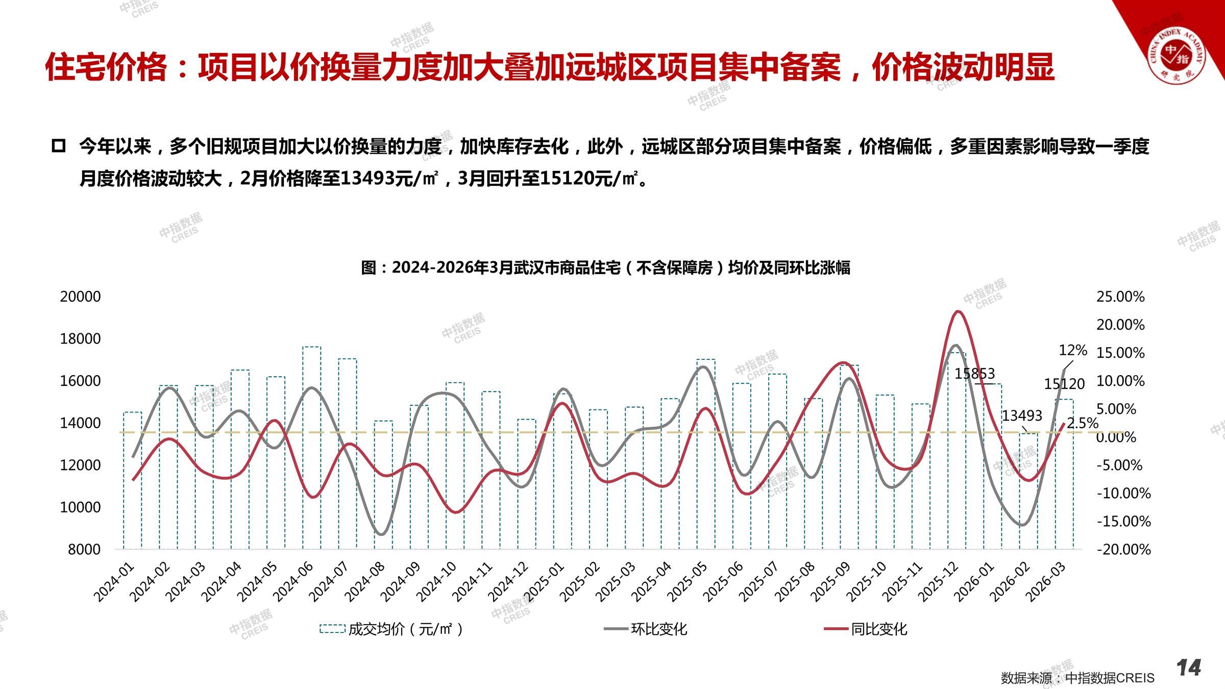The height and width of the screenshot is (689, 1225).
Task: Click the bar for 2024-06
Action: (312, 448)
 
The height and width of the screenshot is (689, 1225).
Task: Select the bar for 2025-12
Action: (957, 451)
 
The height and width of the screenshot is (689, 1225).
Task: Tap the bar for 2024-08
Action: (383, 485)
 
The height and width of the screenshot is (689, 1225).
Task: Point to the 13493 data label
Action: (1022, 415)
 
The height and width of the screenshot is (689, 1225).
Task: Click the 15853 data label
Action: (975, 374)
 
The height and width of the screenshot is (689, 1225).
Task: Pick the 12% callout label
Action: (1073, 350)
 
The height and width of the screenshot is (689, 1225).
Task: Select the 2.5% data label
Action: (1083, 423)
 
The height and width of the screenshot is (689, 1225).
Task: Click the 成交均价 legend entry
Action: (391, 629)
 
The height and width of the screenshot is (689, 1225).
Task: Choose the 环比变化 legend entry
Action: (646, 629)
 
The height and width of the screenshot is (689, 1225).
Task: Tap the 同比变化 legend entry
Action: (866, 629)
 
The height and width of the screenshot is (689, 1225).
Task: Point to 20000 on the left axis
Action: (80, 297)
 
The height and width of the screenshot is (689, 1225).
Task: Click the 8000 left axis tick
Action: (84, 549)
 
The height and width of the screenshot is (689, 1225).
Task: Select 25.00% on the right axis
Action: (1120, 297)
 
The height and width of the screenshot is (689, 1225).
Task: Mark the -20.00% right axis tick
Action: (1123, 549)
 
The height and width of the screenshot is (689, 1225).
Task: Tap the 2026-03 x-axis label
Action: (1046, 582)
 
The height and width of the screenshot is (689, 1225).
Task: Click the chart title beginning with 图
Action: (605, 267)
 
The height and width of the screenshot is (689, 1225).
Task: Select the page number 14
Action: (1189, 668)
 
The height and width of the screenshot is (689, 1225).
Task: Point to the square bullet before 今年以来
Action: (59, 146)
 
